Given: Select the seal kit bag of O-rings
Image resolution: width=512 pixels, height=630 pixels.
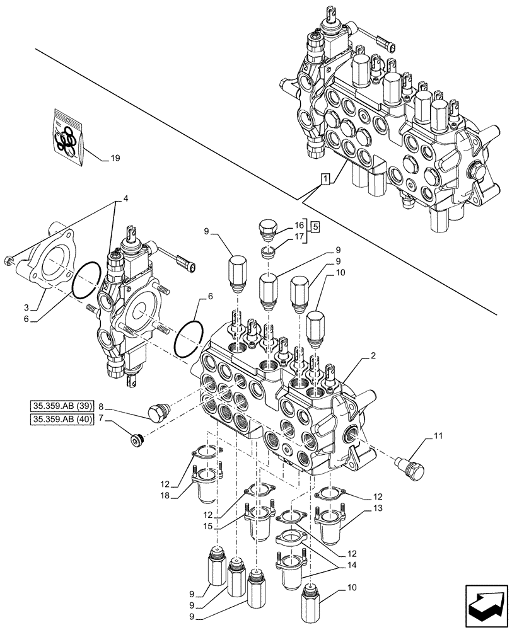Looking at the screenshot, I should pyautogui.click(x=66, y=139).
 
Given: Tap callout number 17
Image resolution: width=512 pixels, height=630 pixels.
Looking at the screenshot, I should pyautogui.click(x=298, y=238).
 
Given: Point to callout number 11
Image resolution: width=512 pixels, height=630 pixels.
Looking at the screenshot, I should pyautogui.click(x=438, y=435).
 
